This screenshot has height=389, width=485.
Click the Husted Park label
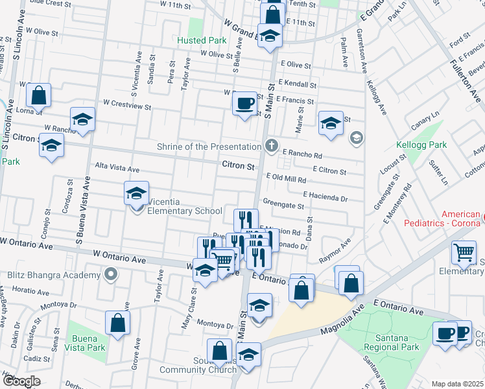(x=201, y=40)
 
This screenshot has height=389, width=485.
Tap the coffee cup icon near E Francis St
(x=244, y=103)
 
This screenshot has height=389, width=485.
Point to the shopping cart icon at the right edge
(x=464, y=253)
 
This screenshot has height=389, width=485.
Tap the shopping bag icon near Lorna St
(x=39, y=95)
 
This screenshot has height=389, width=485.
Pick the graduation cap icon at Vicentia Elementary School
(x=136, y=193)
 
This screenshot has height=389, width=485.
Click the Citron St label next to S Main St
(x=238, y=166)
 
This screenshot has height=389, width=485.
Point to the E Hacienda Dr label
(x=325, y=194)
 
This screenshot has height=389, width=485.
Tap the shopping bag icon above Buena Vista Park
(x=117, y=323)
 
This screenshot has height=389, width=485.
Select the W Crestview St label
(x=127, y=104)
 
